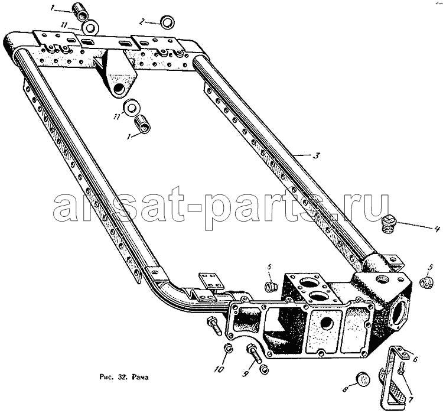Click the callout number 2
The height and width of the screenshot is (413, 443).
(143, 22)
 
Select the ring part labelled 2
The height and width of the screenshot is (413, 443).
(167, 22)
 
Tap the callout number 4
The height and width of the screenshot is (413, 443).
(437, 229)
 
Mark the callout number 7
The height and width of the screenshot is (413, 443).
(411, 399)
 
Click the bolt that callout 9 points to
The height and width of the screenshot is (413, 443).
(254, 353)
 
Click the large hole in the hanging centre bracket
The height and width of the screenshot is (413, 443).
(119, 89)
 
